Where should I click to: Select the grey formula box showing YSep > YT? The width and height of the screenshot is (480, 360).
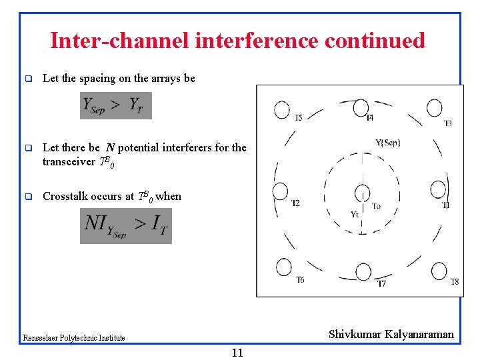point(116,105)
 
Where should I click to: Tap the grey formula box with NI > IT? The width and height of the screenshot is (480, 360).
point(126,226)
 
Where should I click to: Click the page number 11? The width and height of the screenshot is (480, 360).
point(237,353)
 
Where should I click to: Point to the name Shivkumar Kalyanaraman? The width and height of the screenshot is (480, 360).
point(391,334)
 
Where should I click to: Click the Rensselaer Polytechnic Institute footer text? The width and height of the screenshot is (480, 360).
point(74,338)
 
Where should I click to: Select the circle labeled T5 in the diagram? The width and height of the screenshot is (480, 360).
point(282,109)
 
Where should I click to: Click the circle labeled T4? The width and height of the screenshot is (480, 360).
point(361,107)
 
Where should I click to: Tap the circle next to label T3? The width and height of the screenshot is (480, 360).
point(435,107)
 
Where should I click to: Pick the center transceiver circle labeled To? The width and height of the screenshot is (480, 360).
point(361,193)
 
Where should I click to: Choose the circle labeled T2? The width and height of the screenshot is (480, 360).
point(280,191)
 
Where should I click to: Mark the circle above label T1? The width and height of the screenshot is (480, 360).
point(438,189)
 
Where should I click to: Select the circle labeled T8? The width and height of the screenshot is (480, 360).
point(439,271)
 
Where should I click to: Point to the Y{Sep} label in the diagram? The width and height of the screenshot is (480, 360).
point(388,142)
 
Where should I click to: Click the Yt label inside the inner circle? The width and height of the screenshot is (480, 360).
point(355,214)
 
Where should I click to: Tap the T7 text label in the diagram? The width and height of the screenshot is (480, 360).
point(381,283)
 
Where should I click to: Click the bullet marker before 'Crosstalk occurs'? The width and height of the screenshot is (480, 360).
point(29,197)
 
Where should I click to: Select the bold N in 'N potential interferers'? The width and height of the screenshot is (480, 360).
point(109,147)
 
